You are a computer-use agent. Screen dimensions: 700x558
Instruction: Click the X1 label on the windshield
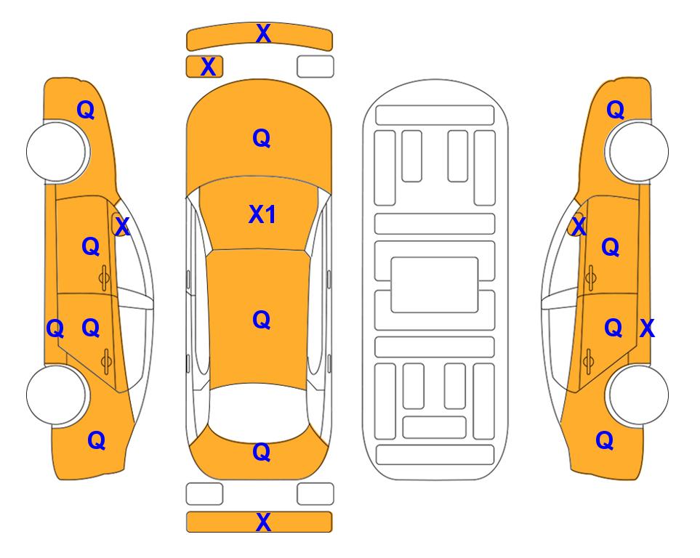(x=262, y=214)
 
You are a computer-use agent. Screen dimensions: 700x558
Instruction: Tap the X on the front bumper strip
(x=263, y=33)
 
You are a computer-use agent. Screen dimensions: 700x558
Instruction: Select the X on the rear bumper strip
(x=263, y=522)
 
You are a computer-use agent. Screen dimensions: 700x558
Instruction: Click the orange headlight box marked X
(x=204, y=67)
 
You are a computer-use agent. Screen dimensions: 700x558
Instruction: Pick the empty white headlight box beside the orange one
(x=315, y=67)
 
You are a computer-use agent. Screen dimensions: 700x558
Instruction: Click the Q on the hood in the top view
(x=262, y=138)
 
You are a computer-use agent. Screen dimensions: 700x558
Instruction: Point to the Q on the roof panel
(x=262, y=320)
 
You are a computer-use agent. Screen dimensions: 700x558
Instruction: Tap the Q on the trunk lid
(x=262, y=452)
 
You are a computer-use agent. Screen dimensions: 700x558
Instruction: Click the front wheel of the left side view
(x=57, y=152)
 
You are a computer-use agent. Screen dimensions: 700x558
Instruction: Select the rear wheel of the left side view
(x=57, y=395)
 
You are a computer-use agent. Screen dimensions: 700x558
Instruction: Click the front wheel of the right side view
(x=637, y=151)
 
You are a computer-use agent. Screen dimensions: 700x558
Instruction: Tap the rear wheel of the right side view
(x=637, y=395)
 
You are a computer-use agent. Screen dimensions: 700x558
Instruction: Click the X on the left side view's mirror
(x=122, y=227)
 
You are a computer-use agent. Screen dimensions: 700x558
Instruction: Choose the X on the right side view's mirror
(x=579, y=227)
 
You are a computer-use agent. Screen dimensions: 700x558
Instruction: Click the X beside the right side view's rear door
(x=648, y=328)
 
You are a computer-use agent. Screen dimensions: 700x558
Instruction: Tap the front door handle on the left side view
(x=104, y=278)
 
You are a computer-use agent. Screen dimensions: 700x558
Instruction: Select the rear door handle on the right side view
(x=589, y=361)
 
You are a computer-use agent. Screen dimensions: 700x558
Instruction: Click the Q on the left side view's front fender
(x=87, y=110)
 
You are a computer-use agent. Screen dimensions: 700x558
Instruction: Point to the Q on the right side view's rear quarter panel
(x=605, y=440)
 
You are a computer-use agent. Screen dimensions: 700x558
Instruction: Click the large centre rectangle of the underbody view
(x=435, y=285)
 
